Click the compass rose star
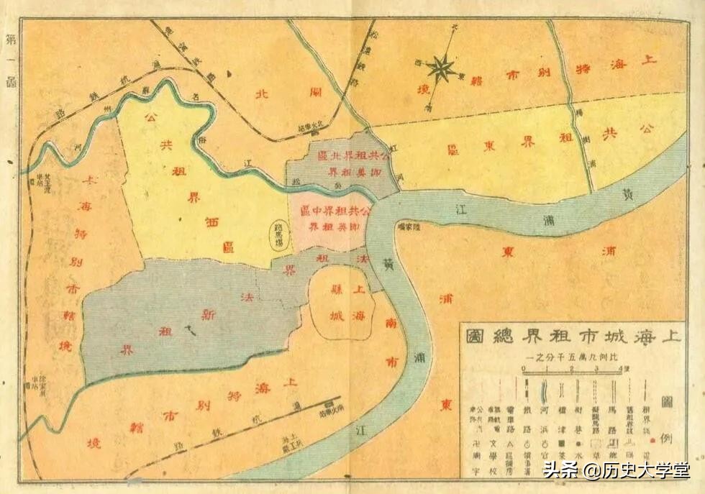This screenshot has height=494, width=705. pyautogui.click(x=440, y=69)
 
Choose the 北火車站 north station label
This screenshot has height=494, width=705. pyautogui.click(x=310, y=129)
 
